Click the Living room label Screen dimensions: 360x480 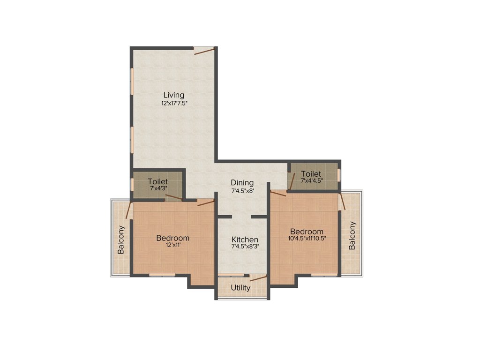(x=171, y=95)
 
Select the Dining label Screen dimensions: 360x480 (x=242, y=183)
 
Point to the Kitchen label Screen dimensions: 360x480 (x=245, y=240)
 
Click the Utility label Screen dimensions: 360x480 (x=240, y=288)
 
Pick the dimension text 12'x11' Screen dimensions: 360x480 (x=172, y=245)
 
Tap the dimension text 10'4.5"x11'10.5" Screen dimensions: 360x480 (x=307, y=238)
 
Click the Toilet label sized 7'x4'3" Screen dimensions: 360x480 (x=158, y=181)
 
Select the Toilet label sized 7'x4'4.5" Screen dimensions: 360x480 (x=311, y=174)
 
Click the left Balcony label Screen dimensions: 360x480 (x=121, y=240)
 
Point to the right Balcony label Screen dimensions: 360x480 (x=352, y=235)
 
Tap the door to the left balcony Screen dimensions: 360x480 (x=129, y=210)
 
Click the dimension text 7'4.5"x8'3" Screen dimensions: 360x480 (x=245, y=247)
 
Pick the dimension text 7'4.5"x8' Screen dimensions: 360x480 (x=242, y=191)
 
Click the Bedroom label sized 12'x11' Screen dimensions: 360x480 (x=172, y=238)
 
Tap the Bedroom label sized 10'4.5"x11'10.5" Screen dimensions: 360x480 (x=307, y=232)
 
